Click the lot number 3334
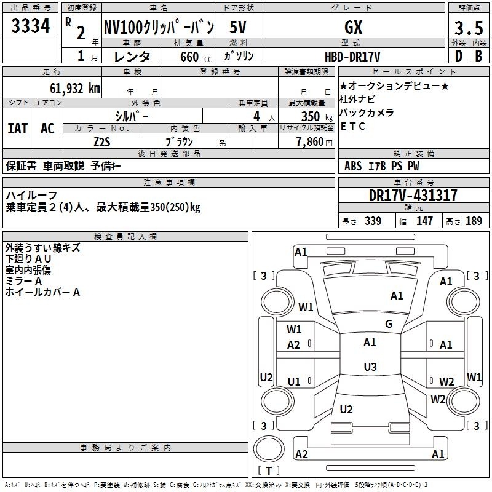click(x=30, y=26)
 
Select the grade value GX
click(x=353, y=27)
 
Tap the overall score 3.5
click(x=469, y=28)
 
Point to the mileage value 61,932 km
click(x=75, y=89)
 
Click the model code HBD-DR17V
click(x=352, y=57)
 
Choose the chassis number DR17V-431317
click(x=413, y=196)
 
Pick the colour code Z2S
click(x=102, y=142)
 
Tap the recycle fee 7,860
click(x=310, y=142)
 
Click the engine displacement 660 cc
click(x=196, y=57)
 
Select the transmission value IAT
click(x=18, y=129)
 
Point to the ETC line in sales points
click(x=352, y=126)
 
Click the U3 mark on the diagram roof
click(x=370, y=367)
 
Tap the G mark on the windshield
click(x=389, y=324)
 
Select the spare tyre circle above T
click(x=269, y=449)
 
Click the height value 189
click(x=474, y=221)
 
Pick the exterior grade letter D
click(x=459, y=56)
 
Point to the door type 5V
click(x=238, y=27)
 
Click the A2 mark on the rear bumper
click(x=301, y=454)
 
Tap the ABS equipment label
click(x=353, y=166)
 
